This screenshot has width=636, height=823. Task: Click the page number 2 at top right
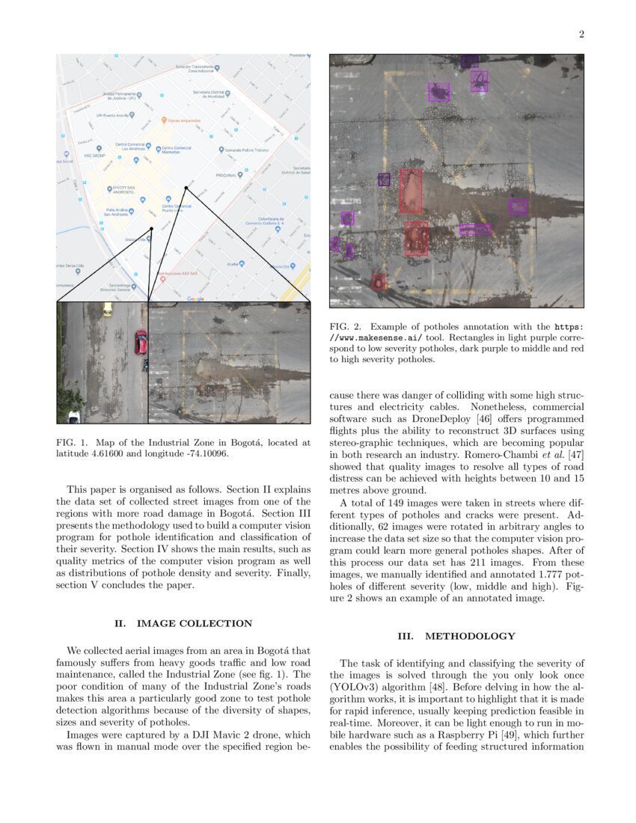click(x=581, y=34)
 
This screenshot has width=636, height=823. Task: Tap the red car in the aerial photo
click(x=141, y=342)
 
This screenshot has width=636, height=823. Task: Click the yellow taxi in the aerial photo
click(x=108, y=308)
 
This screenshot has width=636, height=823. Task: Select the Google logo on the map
click(x=195, y=299)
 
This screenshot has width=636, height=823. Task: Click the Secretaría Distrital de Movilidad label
click(x=210, y=94)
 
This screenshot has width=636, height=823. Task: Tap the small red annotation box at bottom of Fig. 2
click(x=379, y=282)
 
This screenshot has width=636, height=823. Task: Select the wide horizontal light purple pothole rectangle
click(x=475, y=229)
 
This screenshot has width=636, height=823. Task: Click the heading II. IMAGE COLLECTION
click(x=183, y=623)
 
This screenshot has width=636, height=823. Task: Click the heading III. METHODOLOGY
click(x=456, y=636)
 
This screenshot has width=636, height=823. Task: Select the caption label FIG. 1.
click(x=73, y=443)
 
